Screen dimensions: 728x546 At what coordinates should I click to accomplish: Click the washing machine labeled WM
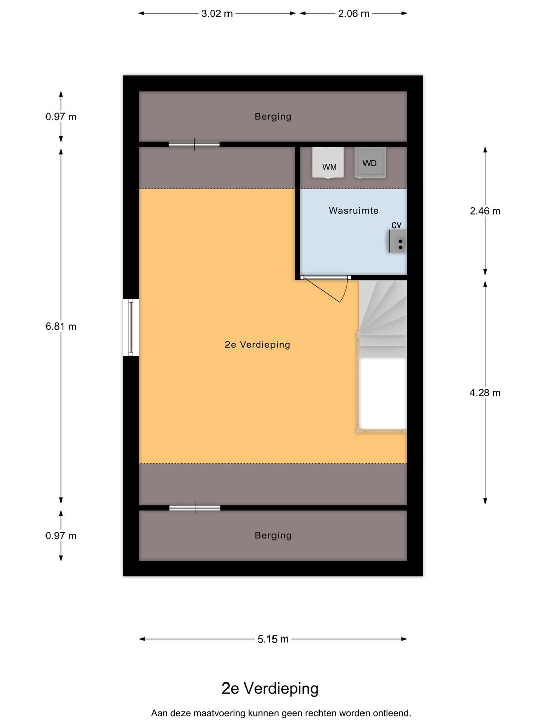(x=328, y=163)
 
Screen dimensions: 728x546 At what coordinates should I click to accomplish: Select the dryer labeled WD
(x=370, y=163)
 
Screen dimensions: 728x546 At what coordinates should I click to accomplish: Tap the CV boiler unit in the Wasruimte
(x=398, y=241)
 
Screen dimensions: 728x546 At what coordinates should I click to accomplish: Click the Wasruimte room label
(x=353, y=211)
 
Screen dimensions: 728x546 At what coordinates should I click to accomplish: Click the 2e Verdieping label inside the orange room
(x=257, y=345)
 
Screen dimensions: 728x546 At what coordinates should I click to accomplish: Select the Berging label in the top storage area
(x=273, y=117)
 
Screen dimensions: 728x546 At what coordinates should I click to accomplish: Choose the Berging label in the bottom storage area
(x=273, y=536)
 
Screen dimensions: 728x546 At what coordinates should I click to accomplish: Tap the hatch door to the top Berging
(x=194, y=145)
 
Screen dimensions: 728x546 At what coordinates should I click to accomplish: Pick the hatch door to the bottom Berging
(x=195, y=508)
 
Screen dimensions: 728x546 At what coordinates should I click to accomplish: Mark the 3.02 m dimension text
(x=217, y=14)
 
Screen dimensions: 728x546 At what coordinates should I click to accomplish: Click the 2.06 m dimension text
(x=353, y=14)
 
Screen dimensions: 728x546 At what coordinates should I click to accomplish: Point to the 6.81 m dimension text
(x=61, y=327)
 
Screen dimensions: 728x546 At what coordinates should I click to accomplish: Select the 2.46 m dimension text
(x=485, y=211)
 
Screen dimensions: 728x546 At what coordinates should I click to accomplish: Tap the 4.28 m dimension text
(x=485, y=393)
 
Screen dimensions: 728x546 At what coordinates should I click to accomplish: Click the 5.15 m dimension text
(x=273, y=640)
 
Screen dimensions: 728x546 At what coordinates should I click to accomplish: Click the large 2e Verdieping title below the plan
(x=270, y=689)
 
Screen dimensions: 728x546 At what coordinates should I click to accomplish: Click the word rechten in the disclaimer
(x=321, y=713)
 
